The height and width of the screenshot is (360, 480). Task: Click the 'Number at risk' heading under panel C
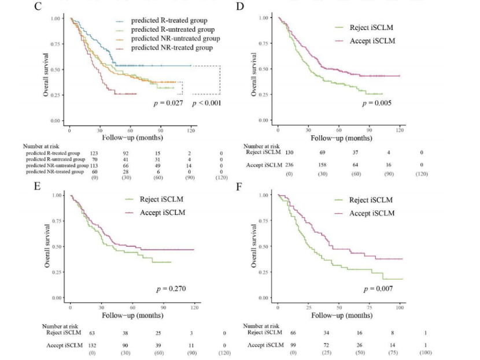tap(42, 147)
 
